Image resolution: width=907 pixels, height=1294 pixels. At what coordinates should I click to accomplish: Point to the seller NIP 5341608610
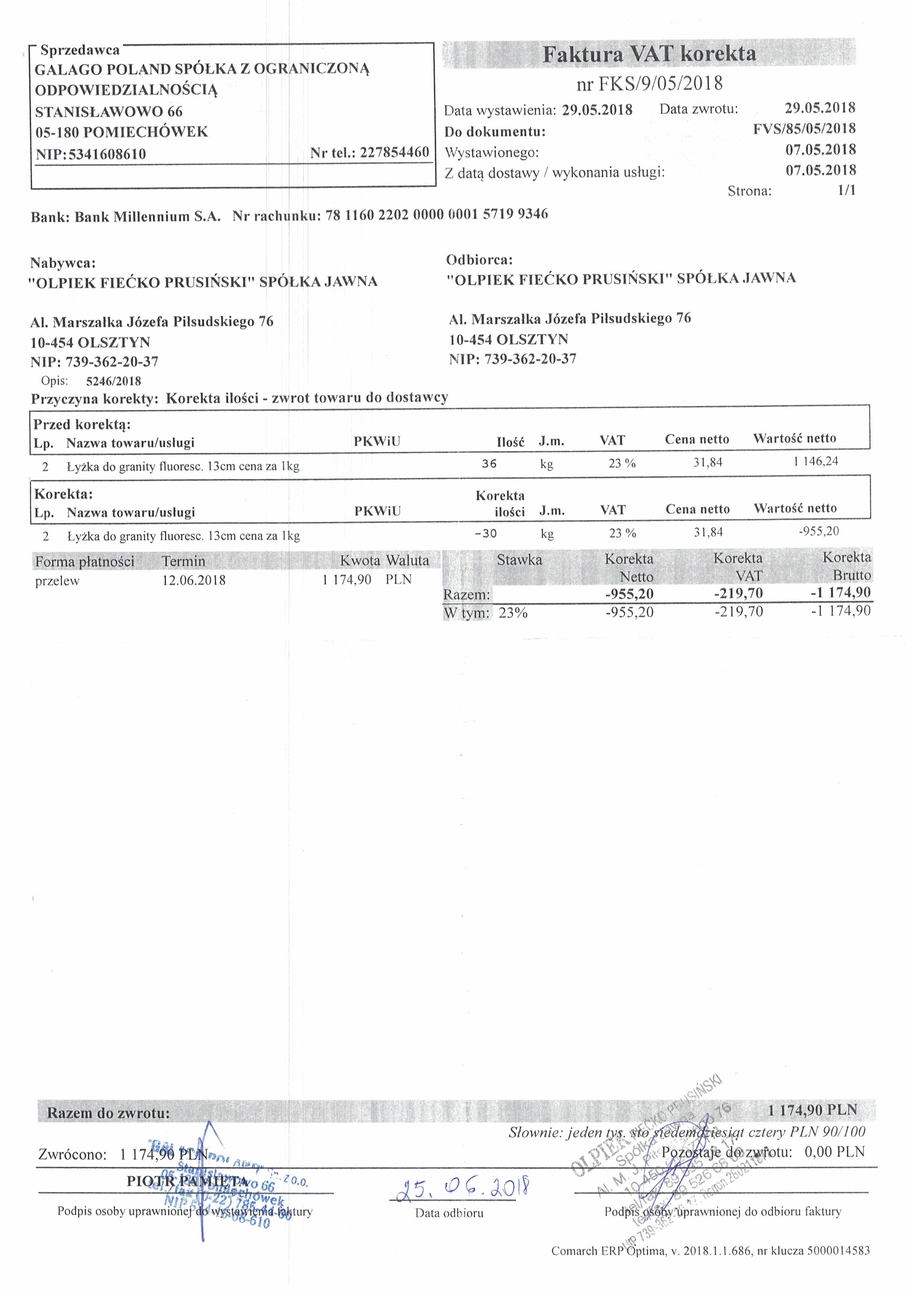pos(107,154)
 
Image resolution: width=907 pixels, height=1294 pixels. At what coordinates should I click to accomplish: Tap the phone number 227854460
pos(394,152)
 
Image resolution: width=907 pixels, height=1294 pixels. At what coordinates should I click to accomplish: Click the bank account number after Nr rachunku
pos(436,214)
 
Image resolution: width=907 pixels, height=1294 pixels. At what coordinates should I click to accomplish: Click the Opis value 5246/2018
pos(113,381)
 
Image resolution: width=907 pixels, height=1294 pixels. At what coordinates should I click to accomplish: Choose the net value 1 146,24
pos(816,462)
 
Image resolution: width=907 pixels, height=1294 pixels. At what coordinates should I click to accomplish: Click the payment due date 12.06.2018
pos(194,580)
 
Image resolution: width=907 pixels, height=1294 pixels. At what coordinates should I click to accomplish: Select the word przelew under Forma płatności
pos(57,581)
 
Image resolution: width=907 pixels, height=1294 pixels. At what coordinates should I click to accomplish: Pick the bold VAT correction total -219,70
pos(738,593)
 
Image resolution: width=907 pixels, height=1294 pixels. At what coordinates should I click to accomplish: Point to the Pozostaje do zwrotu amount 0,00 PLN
pos(834,1151)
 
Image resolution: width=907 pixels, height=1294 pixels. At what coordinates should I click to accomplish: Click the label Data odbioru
pos(449,1213)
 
